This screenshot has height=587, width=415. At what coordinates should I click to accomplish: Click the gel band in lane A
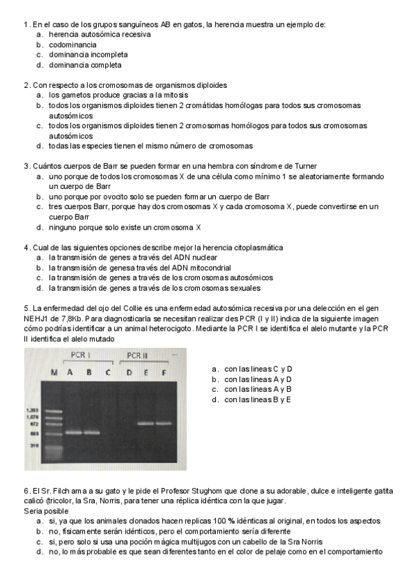coord(71,433)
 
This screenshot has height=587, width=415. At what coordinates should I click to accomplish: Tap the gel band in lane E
coord(145,423)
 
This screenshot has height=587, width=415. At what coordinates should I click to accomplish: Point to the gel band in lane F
coord(164,423)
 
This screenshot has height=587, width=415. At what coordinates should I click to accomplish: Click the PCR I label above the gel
coord(82,355)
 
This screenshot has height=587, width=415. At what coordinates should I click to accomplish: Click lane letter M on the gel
coord(53,372)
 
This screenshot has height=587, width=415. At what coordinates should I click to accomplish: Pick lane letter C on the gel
coord(107,372)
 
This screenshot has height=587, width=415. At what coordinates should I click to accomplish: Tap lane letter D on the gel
coord(129,372)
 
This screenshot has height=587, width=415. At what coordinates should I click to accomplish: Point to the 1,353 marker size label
coord(32,410)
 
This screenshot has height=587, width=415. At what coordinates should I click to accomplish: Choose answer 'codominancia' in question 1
coord(73,44)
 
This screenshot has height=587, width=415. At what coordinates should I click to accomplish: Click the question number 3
coord(26,166)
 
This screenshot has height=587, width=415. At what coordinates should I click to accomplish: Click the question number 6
coord(26,491)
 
